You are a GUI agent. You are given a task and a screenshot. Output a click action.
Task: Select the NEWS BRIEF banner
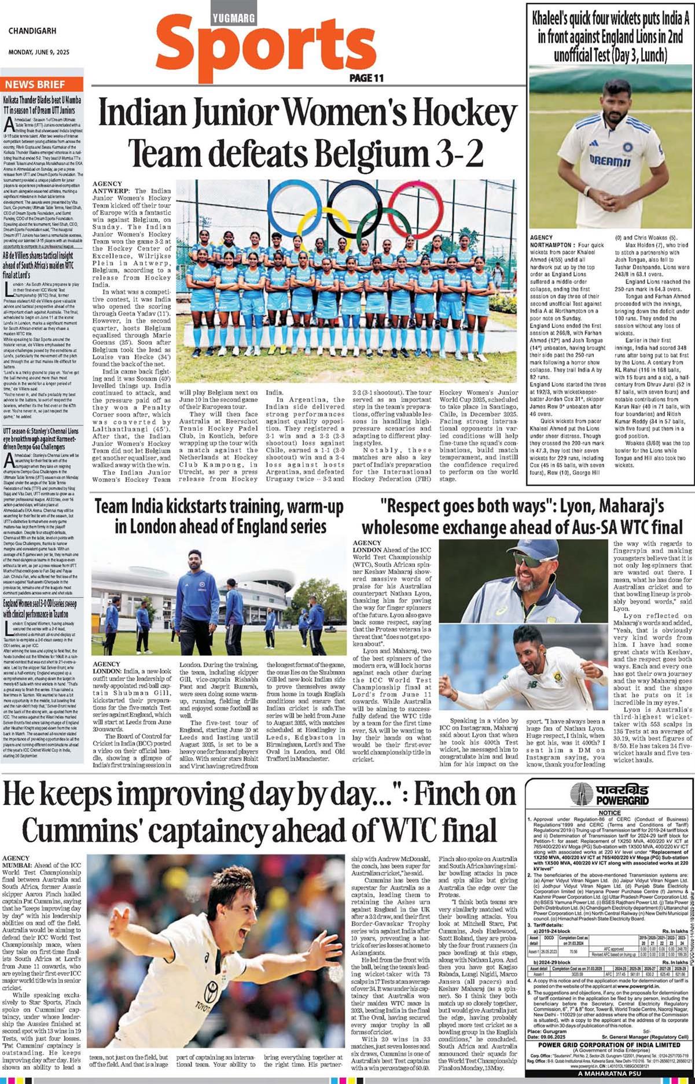[35, 84]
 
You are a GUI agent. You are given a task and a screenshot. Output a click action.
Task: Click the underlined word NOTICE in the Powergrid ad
[609, 813]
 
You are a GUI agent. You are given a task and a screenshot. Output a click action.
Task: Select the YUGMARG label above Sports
[234, 19]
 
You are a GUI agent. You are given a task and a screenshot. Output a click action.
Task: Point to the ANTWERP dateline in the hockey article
[112, 191]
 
